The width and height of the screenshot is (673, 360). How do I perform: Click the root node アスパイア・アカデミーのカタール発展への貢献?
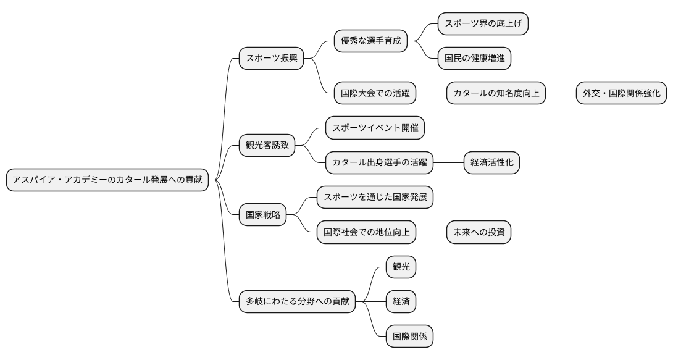pos(107,180)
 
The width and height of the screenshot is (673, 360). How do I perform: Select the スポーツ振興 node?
pos(272,59)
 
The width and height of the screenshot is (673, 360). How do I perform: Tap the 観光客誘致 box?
pos(267,146)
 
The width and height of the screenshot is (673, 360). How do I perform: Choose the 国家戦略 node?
pos(263,215)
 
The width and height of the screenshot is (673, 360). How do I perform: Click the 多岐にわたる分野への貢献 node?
pos(298,302)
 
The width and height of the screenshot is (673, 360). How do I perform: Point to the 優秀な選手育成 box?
pos(371,41)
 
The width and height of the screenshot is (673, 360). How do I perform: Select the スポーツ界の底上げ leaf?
pos(483,24)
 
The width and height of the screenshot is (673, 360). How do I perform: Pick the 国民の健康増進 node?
pos(475,59)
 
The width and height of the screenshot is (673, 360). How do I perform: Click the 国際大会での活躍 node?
pos(375,94)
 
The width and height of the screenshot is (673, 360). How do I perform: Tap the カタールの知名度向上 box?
pos(496,94)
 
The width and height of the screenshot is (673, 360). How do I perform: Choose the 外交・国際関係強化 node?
pos(621,94)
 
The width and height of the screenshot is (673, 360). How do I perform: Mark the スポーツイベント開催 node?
pos(375,128)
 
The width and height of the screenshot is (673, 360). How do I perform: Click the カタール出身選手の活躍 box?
pos(379,163)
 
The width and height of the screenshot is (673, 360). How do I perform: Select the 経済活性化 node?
pos(491,163)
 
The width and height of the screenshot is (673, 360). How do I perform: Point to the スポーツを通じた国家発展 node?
pos(375,198)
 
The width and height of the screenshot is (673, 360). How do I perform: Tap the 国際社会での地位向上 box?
pos(366,233)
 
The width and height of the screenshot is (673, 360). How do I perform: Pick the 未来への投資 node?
pos(479,233)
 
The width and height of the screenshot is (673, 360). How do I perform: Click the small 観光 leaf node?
pos(401,267)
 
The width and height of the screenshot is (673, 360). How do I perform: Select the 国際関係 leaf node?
pos(409,337)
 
